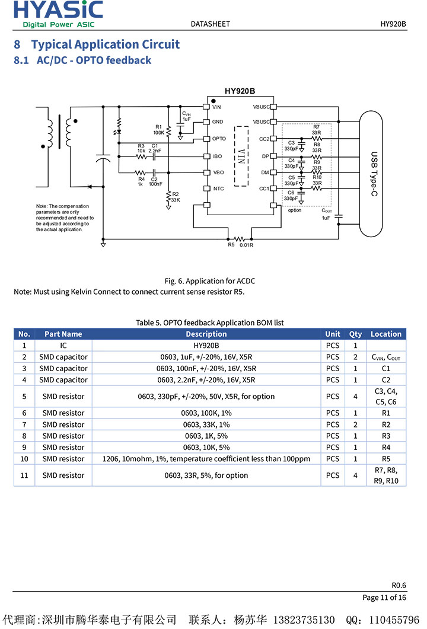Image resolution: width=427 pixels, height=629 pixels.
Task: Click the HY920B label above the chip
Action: (240, 91)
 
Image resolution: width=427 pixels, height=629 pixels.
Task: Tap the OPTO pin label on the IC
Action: (219, 139)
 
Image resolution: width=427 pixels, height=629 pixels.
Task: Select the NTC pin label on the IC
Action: (218, 189)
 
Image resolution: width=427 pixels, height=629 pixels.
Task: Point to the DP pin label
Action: (266, 156)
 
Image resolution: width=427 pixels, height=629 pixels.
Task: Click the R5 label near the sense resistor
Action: (231, 244)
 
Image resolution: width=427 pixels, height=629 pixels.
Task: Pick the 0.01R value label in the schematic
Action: (247, 245)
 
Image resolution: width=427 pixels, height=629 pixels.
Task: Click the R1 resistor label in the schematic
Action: (158, 126)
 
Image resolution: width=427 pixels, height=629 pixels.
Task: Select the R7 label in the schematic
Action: (316, 126)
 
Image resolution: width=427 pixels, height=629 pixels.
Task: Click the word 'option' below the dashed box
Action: (295, 210)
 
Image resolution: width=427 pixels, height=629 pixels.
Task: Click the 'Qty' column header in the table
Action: (355, 334)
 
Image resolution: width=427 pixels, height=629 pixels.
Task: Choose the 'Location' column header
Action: (386, 334)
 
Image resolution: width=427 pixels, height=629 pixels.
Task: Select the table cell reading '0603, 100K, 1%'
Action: (206, 413)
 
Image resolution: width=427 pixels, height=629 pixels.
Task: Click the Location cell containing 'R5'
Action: (386, 459)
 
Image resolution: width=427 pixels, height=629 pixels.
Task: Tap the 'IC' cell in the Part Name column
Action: (63, 345)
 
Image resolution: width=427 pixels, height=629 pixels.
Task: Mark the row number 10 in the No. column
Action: (24, 459)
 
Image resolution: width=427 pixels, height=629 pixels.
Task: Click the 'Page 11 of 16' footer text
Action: (384, 598)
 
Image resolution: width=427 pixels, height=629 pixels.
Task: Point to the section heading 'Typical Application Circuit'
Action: (105, 44)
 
